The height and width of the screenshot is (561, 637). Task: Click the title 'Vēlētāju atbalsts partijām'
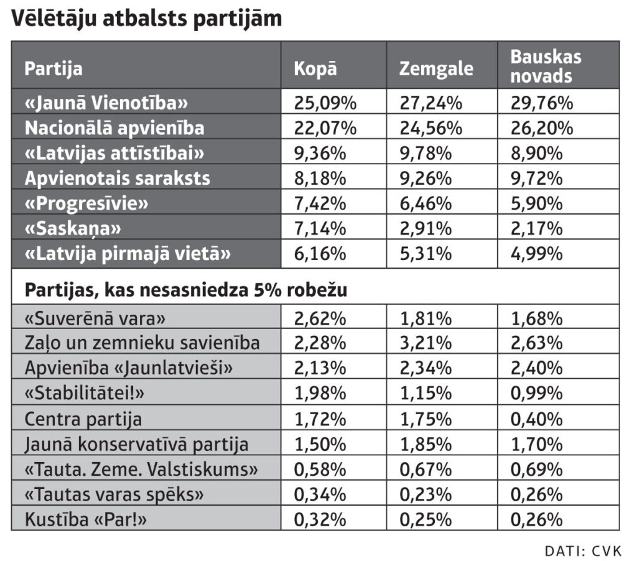point(146,18)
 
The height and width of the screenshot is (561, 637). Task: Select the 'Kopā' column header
point(315,67)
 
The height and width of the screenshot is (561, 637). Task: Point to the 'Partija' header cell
point(53,67)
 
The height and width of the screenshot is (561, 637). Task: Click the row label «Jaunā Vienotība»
point(106,102)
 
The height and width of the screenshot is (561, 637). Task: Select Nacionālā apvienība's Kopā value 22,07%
point(325,127)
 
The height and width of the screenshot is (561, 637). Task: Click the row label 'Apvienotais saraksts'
point(117,178)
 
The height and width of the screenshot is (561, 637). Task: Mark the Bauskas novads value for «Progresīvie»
point(536,203)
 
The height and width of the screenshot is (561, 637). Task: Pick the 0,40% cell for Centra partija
point(536,419)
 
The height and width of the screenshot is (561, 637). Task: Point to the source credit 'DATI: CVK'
point(583,550)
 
